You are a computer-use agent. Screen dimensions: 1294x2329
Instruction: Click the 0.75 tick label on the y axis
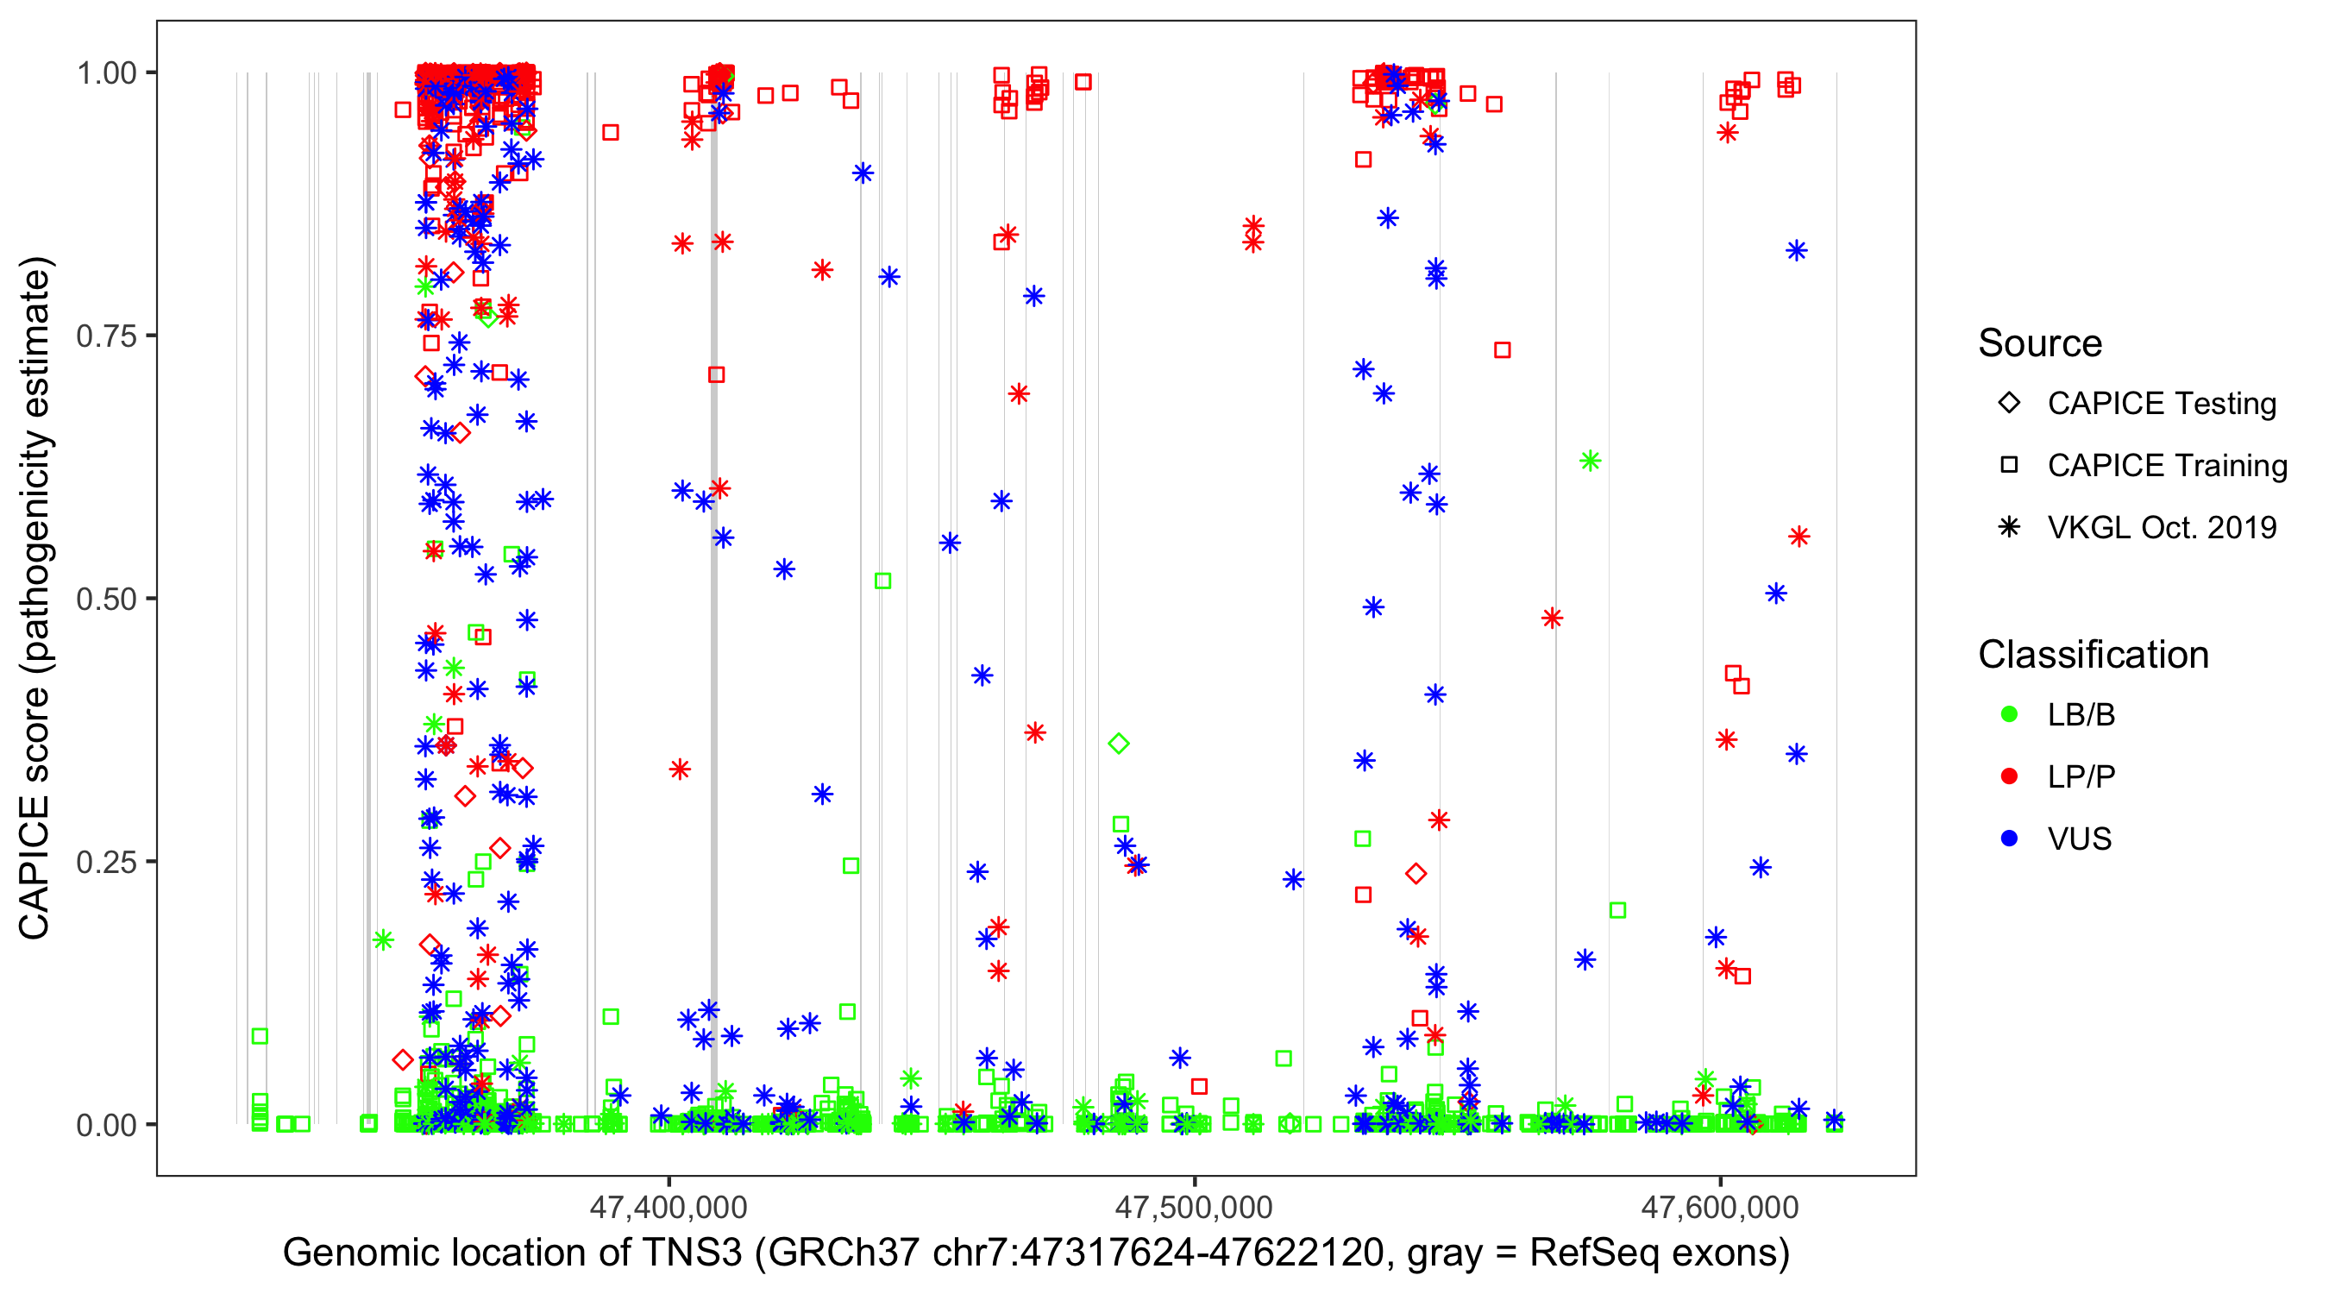point(106,336)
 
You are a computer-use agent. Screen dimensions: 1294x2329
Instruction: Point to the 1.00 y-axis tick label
point(106,73)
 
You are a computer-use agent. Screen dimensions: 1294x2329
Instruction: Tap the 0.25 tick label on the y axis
point(106,862)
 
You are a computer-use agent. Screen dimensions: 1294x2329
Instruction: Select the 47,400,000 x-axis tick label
point(669,1207)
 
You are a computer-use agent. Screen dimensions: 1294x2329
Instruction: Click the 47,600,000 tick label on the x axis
point(1720,1207)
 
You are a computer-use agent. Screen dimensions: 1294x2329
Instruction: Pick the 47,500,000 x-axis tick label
point(1194,1207)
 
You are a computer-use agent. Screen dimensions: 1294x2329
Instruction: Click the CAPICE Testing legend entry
point(2161,404)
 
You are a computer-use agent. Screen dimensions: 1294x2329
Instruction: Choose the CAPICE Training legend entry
point(2166,466)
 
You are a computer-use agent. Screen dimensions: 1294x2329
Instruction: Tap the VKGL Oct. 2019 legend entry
point(2161,528)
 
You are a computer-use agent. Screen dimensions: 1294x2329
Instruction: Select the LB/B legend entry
point(2081,715)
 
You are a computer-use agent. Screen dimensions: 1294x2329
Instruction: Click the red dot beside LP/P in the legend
point(2010,776)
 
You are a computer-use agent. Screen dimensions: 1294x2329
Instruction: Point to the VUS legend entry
point(2079,839)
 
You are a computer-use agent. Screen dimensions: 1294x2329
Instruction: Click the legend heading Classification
point(2093,655)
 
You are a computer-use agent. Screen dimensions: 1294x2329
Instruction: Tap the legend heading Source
point(2040,343)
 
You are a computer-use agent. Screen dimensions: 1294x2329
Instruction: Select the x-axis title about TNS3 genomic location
point(1036,1253)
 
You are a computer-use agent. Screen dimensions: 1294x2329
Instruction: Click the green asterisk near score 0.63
point(1591,462)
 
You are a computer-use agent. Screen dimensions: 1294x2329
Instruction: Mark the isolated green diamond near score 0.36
point(1120,744)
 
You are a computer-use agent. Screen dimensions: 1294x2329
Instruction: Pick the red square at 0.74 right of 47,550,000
point(1503,350)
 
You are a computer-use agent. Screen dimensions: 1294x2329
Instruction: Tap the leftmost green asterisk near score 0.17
point(383,940)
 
